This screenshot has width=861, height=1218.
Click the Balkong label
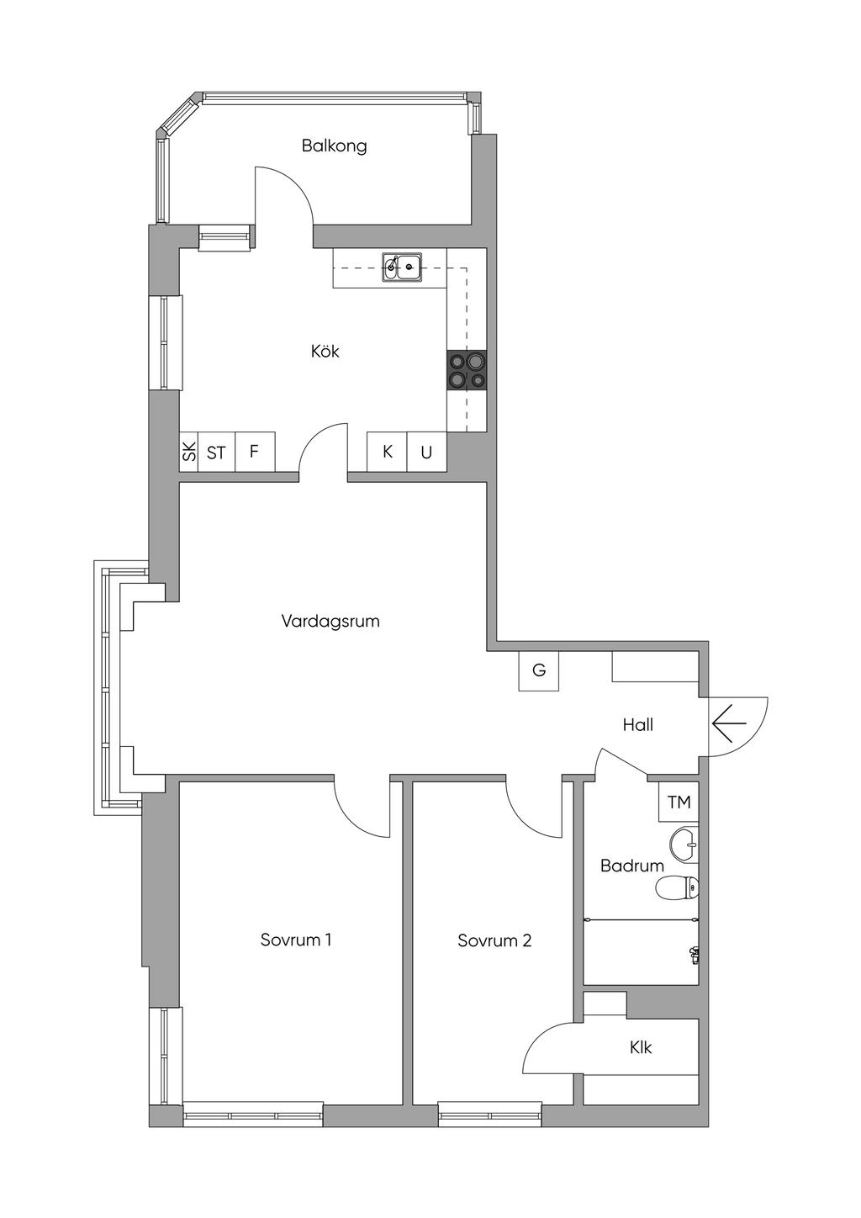click(335, 146)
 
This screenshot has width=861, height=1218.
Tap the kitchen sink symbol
click(402, 267)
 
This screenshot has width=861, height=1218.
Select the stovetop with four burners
click(467, 370)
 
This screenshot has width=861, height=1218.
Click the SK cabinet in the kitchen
click(189, 452)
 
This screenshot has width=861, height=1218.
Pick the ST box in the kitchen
click(217, 452)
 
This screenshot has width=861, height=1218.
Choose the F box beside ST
click(255, 452)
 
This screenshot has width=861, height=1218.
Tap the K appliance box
click(387, 452)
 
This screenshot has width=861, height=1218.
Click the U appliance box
click(426, 452)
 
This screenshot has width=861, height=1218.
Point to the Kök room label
click(325, 352)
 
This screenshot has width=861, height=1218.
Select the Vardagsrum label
click(330, 621)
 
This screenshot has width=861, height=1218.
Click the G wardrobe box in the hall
click(539, 670)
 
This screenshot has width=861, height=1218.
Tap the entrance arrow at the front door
click(730, 723)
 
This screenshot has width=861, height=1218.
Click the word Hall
click(638, 725)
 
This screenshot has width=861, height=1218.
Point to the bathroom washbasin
click(685, 845)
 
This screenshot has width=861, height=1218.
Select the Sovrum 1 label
click(296, 940)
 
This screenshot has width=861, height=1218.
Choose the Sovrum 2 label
click(494, 940)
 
